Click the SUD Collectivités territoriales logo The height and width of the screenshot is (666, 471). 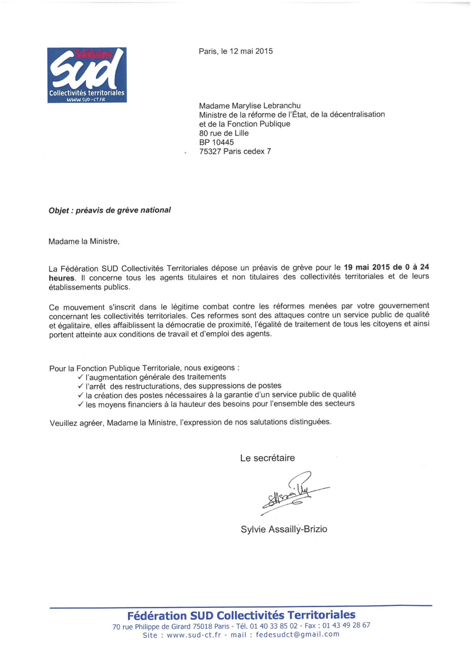87,75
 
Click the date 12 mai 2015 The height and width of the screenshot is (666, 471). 251,51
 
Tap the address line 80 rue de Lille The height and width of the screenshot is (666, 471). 224,133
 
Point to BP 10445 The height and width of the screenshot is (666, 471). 216,142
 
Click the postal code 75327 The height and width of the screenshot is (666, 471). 210,151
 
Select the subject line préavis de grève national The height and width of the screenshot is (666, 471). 123,210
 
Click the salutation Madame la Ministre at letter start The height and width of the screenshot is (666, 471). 84,241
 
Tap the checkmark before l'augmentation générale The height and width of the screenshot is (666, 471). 80,377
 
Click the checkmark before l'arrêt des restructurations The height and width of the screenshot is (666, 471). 80,386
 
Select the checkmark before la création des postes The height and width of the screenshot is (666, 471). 80,395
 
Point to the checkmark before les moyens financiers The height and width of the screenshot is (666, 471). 80,404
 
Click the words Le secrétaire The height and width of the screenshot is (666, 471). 267,458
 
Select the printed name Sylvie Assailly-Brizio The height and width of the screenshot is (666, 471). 284,529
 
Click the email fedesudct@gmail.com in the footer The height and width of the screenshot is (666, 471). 297,634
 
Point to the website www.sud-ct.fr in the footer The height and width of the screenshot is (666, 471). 193,635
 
